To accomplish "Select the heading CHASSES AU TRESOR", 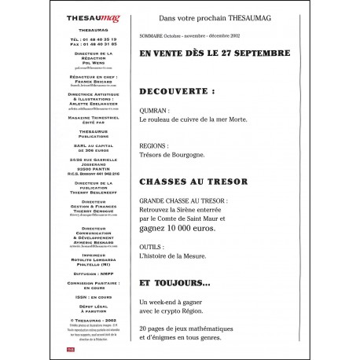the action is pyautogui.click(x=193, y=182).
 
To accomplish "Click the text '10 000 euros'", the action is pyautogui.click(x=208, y=227).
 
